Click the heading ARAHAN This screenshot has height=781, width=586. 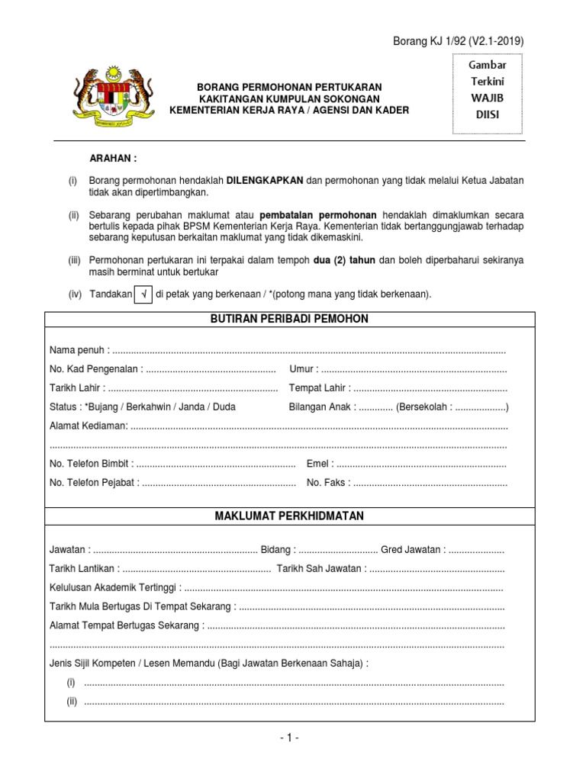(x=114, y=159)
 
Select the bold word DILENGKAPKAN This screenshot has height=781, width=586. (x=266, y=180)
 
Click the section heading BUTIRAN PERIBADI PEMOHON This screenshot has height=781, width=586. (x=289, y=319)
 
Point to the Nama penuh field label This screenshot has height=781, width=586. (x=79, y=350)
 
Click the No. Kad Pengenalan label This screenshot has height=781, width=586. (x=95, y=369)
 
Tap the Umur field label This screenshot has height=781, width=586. (x=303, y=369)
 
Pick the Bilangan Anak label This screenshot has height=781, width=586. (x=321, y=407)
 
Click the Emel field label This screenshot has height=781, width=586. (x=320, y=464)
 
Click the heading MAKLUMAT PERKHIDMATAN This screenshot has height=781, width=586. (x=289, y=516)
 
